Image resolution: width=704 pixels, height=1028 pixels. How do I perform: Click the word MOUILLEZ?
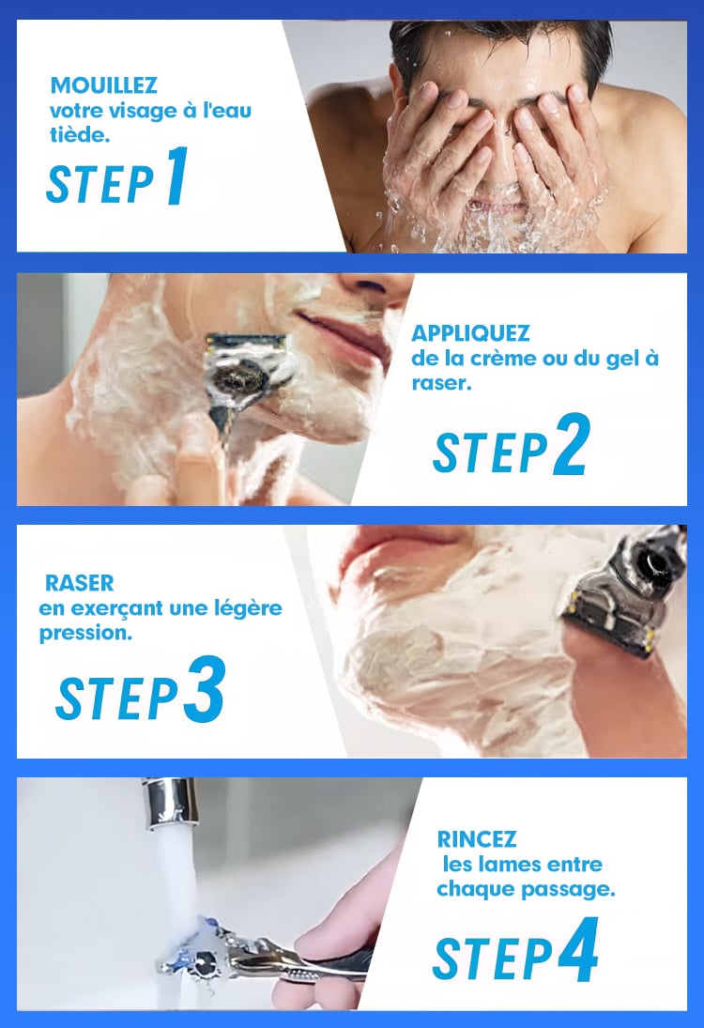pyautogui.click(x=103, y=85)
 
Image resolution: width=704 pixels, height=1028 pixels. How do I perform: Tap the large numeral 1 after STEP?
pyautogui.click(x=177, y=176)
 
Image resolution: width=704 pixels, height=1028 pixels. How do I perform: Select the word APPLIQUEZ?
pyautogui.click(x=470, y=333)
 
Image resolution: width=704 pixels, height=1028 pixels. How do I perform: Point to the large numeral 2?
pyautogui.click(x=571, y=444)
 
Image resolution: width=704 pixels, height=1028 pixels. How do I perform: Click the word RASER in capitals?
pyautogui.click(x=79, y=582)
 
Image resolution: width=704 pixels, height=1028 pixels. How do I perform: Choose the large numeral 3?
pyautogui.click(x=205, y=688)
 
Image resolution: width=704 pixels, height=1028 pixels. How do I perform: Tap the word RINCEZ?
pyautogui.click(x=477, y=838)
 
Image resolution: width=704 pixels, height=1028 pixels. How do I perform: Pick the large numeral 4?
pyautogui.click(x=578, y=949)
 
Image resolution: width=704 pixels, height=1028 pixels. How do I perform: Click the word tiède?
pyautogui.click(x=79, y=134)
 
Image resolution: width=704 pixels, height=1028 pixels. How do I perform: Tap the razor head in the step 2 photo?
pyautogui.click(x=247, y=367)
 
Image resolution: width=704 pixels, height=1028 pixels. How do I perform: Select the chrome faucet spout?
pyautogui.click(x=172, y=801)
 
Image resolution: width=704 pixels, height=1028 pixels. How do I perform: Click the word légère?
pyautogui.click(x=248, y=609)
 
